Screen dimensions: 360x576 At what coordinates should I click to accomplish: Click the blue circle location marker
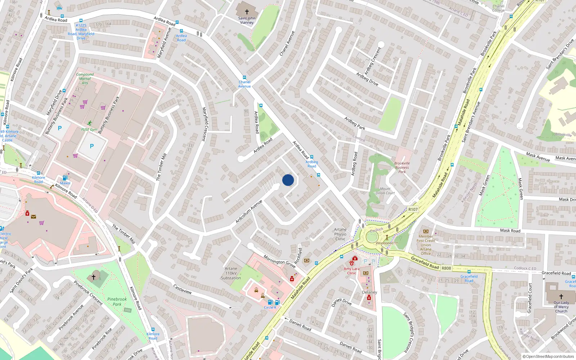[288, 180]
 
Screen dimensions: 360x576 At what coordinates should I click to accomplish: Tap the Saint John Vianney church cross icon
[247, 12]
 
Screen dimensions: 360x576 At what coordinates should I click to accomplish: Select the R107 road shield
[413, 209]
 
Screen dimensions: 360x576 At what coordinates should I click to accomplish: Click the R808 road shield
[446, 268]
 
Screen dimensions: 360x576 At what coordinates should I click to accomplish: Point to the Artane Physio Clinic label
[340, 234]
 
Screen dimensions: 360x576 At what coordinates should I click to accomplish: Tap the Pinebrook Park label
[117, 302]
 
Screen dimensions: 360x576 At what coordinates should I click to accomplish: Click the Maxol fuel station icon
[65, 178]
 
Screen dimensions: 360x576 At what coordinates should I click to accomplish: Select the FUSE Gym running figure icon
[89, 123]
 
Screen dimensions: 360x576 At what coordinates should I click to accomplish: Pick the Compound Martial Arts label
[85, 78]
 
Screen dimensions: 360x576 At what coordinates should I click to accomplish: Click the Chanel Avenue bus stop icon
[244, 77]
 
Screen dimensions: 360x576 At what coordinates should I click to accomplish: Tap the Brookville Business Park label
[402, 167]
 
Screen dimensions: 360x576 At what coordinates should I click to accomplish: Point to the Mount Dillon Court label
[385, 191]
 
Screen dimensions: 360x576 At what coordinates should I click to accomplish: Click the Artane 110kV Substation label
[231, 273]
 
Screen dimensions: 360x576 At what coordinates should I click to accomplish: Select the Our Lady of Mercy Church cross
[561, 297]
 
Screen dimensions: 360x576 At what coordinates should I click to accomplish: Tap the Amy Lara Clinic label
[351, 271]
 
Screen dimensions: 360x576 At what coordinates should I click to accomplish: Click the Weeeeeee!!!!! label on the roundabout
[387, 243]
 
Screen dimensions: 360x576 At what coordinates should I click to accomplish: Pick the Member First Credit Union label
[426, 245]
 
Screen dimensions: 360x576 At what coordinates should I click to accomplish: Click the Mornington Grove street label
[279, 262]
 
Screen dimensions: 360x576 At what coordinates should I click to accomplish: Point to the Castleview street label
[183, 289]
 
